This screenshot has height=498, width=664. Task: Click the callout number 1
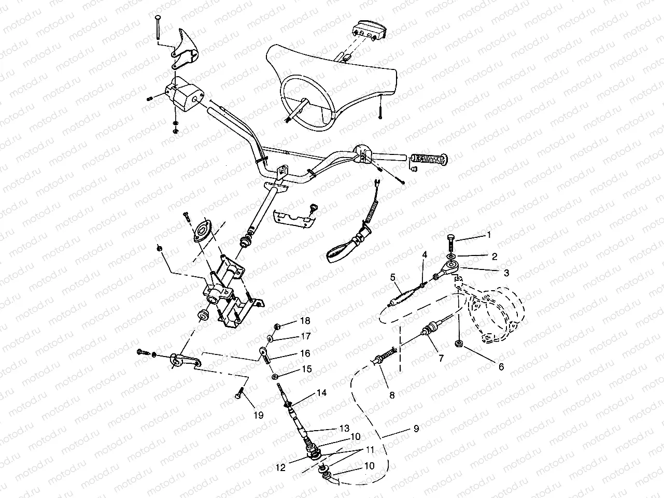coord(488,235)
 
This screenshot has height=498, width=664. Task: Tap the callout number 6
coord(501,367)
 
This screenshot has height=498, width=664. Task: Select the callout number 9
coord(416,429)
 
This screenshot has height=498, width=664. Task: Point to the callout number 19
coord(258,415)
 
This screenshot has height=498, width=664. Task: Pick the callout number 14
coord(321,393)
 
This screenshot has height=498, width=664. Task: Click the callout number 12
coord(280,467)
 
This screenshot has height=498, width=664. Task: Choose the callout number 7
coord(441,357)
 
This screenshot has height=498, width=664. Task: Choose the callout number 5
coord(393,277)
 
